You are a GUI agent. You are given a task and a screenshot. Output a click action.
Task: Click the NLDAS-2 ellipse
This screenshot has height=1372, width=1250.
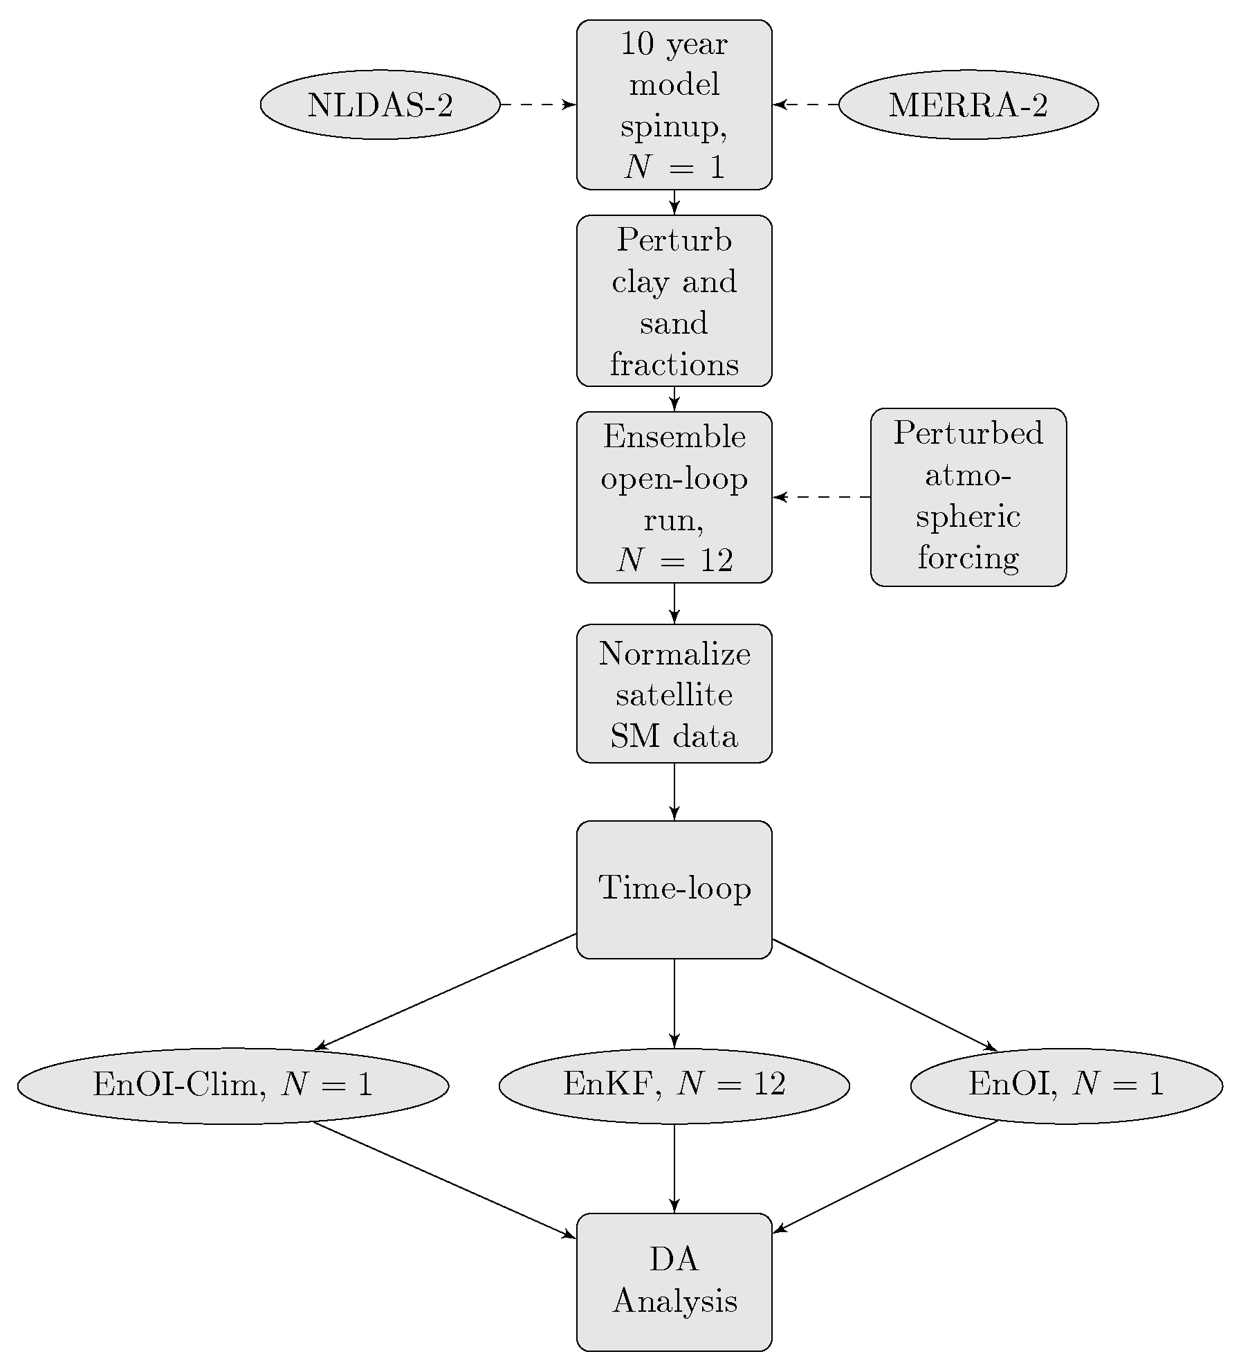(x=380, y=105)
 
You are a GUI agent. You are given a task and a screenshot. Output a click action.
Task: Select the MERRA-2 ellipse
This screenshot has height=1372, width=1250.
(x=968, y=105)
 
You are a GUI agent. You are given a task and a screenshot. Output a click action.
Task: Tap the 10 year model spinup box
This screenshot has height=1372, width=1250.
(x=674, y=105)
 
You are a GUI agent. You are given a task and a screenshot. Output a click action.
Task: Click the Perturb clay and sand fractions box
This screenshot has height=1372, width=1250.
(x=674, y=300)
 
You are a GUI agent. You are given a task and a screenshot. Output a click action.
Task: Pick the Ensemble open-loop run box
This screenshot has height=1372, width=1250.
(x=674, y=497)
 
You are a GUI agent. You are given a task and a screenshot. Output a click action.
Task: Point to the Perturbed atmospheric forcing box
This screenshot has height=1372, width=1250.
(x=968, y=497)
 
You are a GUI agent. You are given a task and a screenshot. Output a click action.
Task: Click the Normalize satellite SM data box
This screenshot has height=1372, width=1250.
(x=674, y=694)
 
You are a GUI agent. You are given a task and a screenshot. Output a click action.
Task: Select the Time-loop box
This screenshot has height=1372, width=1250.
(x=674, y=890)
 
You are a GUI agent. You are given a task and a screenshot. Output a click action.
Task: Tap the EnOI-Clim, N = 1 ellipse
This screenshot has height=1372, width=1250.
(x=233, y=1085)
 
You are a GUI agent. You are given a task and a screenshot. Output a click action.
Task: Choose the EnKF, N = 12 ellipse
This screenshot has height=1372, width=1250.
(x=674, y=1085)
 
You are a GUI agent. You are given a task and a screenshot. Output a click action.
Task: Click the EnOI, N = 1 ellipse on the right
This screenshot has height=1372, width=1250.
(x=1066, y=1085)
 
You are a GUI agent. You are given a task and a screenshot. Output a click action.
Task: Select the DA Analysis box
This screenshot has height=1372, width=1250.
(x=674, y=1281)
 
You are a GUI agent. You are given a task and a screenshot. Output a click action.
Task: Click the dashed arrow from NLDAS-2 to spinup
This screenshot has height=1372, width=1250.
(x=537, y=105)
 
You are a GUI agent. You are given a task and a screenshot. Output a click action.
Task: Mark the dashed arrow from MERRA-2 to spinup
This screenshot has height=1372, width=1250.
(x=806, y=105)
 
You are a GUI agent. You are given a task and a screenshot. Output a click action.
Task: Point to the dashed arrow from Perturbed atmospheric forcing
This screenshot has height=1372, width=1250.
(x=821, y=497)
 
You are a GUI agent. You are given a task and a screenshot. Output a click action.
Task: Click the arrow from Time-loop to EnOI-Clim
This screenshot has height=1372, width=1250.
(x=446, y=991)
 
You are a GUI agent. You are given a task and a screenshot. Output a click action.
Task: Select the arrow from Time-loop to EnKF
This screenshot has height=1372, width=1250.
(x=674, y=1002)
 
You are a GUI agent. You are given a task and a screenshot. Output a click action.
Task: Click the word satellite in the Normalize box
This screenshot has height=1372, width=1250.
(x=674, y=694)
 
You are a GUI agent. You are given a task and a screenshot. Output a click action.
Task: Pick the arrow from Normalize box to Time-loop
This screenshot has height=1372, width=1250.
(x=674, y=791)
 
